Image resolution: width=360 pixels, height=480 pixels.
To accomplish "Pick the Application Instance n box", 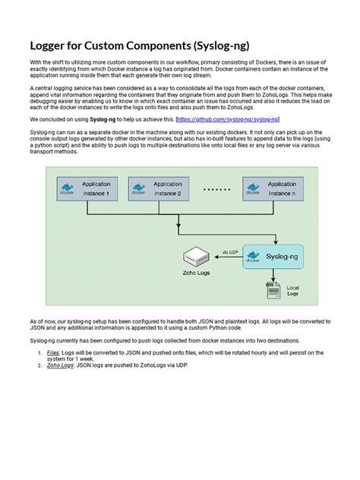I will click(272, 188).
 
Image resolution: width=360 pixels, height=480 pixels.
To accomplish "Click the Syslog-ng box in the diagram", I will click(273, 257).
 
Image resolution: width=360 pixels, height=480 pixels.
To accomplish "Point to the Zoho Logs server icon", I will click(196, 257).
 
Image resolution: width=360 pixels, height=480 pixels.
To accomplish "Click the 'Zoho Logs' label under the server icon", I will click(196, 274).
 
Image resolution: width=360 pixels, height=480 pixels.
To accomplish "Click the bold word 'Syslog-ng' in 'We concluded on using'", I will click(104, 120).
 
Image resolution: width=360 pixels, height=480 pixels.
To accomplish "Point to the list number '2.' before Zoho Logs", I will click(39, 365).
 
